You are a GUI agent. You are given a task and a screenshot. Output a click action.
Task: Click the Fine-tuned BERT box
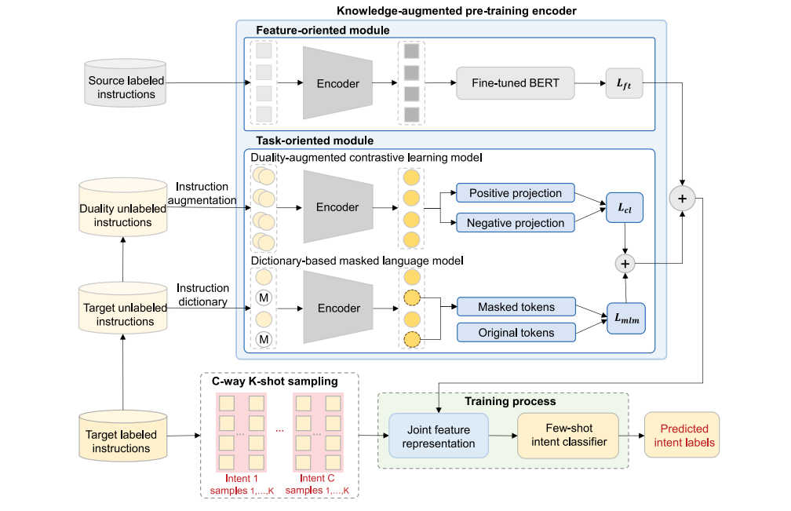516,82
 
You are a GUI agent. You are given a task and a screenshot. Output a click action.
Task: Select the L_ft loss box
624,82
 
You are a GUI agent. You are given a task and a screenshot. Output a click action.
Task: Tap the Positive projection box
516,193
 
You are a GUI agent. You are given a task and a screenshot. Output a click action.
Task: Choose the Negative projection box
516,223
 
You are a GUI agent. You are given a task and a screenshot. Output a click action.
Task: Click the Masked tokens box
516,307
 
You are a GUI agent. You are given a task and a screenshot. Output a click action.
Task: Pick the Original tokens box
516,333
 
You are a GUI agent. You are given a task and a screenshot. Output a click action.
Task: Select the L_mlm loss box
625,319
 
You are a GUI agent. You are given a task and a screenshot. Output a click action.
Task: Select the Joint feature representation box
439,436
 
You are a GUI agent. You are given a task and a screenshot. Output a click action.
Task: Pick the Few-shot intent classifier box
567,436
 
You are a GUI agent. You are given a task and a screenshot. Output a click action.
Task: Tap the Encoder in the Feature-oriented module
337,83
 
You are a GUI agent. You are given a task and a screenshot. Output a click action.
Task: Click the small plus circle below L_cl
625,264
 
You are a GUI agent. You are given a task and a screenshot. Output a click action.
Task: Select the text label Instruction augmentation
202,193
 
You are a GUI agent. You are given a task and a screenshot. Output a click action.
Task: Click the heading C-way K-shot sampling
275,381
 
